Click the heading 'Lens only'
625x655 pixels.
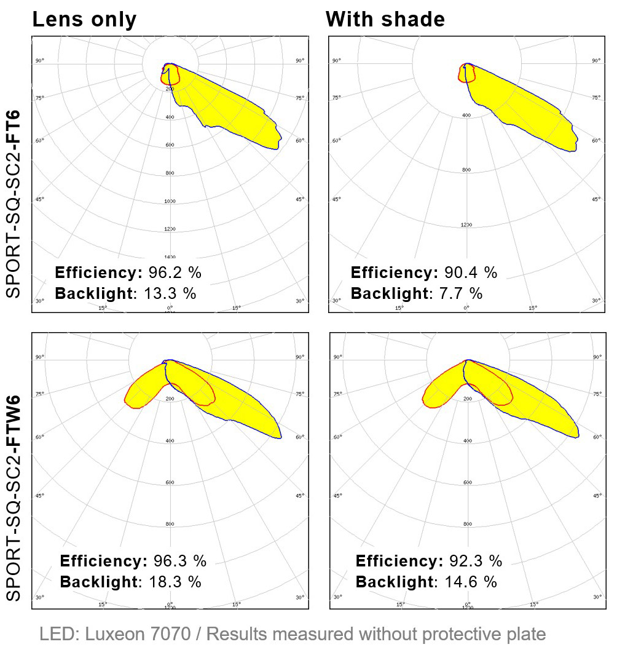click(x=84, y=20)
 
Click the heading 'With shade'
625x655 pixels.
click(x=385, y=20)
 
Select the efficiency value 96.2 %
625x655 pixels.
click(x=175, y=272)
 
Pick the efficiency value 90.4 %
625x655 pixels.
click(x=471, y=272)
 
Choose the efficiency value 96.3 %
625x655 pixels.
click(x=180, y=561)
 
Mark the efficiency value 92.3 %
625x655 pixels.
click(x=476, y=561)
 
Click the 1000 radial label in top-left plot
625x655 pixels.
click(x=170, y=201)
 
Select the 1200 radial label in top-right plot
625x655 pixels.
click(x=466, y=225)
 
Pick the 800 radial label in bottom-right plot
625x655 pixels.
click(x=467, y=524)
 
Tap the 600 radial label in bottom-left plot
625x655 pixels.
click(x=170, y=482)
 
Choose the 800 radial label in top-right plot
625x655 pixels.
click(x=466, y=170)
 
